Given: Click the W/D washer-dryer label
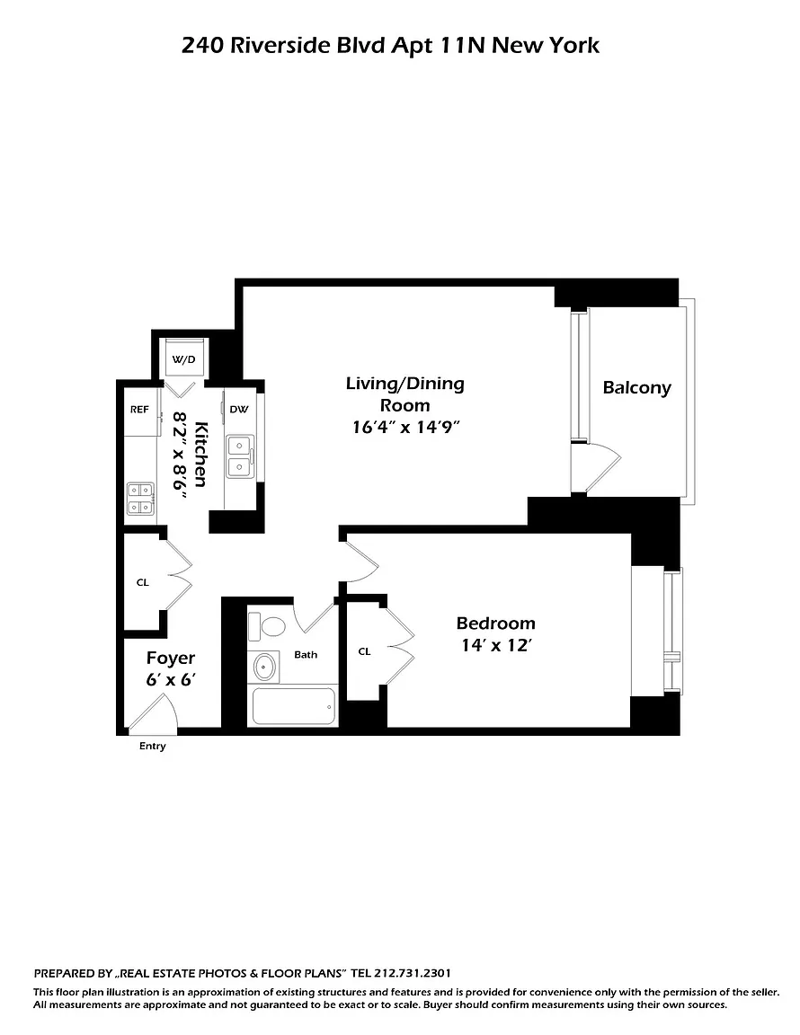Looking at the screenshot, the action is point(183,359).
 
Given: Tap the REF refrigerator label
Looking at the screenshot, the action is point(139,410).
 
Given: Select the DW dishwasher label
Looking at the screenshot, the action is point(239,410).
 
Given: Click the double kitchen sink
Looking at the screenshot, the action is point(240,456).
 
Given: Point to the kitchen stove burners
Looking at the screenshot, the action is point(140,499).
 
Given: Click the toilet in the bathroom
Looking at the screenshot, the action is point(267,625).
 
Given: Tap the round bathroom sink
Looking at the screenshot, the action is point(263,668).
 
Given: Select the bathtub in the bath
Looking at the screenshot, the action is point(293,707).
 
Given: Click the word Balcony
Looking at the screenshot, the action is point(636,388).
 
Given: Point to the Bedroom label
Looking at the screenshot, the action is point(495,624).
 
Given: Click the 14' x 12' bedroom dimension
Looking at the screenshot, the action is point(496,645).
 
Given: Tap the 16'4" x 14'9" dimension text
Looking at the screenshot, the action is point(405,427).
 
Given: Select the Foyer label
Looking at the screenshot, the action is point(171,658).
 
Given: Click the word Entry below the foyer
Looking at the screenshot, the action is point(153,746).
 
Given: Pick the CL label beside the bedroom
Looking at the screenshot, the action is point(364,651).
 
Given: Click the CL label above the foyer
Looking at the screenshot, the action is point(143,582).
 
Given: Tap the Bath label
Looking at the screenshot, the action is point(306,655).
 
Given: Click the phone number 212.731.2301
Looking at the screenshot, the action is point(413,973).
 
